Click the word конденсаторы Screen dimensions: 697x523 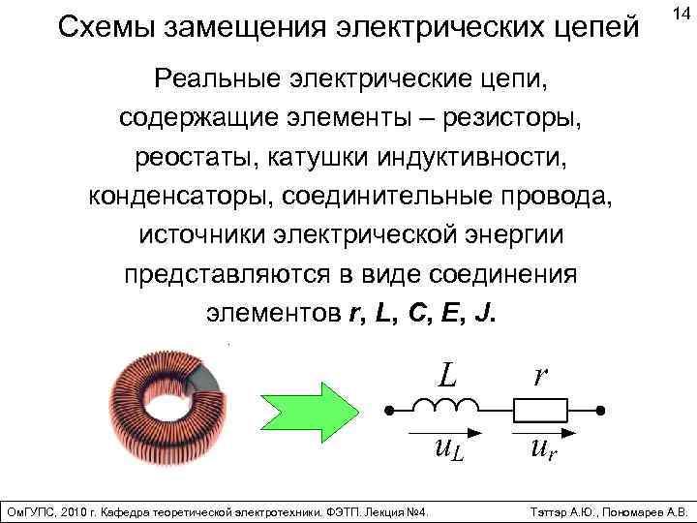180,196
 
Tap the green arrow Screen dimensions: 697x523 304,403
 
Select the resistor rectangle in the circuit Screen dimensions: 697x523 541,411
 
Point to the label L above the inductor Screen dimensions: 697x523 446,373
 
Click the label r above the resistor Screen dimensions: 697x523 540,374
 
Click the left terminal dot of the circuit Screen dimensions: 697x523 388,412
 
